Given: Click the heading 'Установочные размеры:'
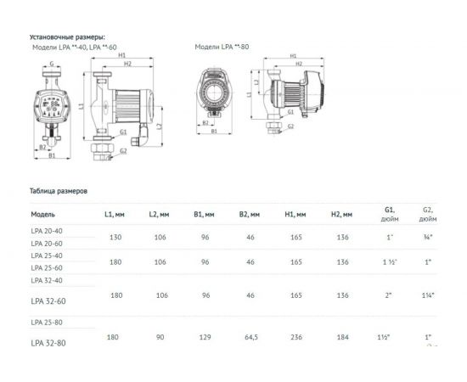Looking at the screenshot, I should click(67, 38).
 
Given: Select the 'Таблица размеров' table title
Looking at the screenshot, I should click(59, 191).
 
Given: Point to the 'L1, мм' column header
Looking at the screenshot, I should click(114, 215).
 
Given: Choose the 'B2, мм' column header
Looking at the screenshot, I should click(250, 215).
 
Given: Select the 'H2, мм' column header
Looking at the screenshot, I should click(342, 215).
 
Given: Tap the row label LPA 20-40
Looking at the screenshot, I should click(47, 232).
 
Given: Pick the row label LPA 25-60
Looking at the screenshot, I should click(47, 267).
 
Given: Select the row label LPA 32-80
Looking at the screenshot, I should click(48, 342).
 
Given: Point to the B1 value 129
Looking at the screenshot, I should click(204, 337).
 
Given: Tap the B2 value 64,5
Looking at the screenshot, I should click(250, 337).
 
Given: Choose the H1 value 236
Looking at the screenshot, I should click(295, 337).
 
